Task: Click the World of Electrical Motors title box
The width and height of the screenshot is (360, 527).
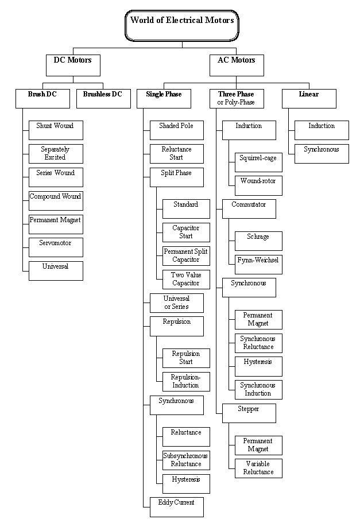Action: coord(182,26)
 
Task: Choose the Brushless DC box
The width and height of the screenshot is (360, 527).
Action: coord(103,99)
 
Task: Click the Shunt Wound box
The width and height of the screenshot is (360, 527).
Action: coord(56,130)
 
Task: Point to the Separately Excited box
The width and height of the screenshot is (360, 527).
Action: coord(56,154)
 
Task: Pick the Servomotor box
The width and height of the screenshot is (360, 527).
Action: coord(56,247)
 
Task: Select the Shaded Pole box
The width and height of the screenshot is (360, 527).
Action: coord(176,130)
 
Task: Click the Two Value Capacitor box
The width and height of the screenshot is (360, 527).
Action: coord(186,280)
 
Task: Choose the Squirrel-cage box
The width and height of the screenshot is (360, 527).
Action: coord(258,162)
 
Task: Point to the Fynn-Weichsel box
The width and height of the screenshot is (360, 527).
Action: coord(258,264)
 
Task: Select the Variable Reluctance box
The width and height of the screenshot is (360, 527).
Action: coord(258,468)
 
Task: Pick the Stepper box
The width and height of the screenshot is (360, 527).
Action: coord(249,413)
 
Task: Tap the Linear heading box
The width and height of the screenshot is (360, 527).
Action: coord(309,99)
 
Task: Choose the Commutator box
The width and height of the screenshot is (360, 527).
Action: coord(249,209)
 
